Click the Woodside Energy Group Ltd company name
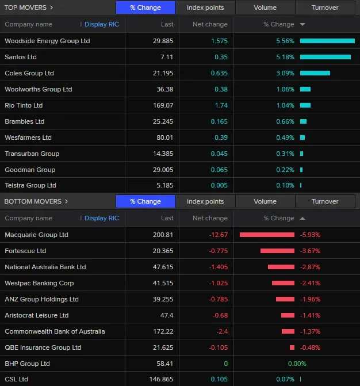pos(47,41)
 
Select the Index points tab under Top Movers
pos(205,7)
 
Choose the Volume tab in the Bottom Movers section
pos(265,201)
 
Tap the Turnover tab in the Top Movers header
pos(325,7)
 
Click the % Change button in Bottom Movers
pos(145,201)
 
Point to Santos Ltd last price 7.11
pos(167,57)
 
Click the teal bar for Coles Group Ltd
pos(315,73)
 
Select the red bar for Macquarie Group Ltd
pos(267,235)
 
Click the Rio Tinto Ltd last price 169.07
pos(162,105)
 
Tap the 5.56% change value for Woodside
pos(285,41)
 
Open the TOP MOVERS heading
pos(29,7)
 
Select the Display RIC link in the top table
pos(102,24)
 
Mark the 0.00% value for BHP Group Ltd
pos(297,364)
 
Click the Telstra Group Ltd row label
pos(30,185)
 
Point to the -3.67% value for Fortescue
pos(310,251)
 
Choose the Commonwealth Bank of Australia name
pos(55,331)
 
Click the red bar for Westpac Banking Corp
pos(283,283)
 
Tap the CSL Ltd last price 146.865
pos(160,379)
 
